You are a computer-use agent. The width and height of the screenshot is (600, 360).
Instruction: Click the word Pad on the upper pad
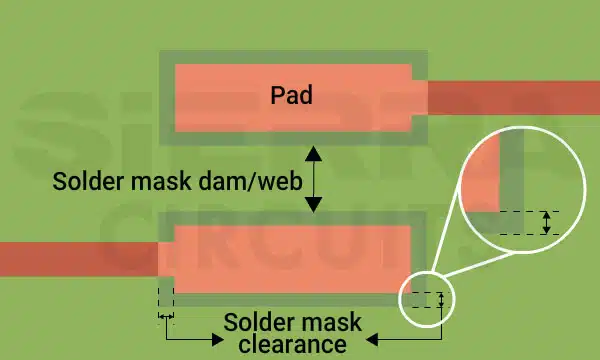point(292,96)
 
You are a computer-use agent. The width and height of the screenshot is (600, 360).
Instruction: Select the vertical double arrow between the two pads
point(313,179)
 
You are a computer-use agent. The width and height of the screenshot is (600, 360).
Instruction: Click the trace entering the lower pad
point(80,258)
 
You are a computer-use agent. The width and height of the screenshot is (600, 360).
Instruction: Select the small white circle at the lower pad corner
point(427,299)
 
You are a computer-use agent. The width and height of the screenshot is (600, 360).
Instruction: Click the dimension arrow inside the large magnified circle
point(546,222)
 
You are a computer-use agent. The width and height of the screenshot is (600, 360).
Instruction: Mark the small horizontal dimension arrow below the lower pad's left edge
point(166,316)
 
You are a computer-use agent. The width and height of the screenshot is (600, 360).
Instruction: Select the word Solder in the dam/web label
point(86,181)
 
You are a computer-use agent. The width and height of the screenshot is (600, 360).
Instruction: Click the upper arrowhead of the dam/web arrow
point(313,152)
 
